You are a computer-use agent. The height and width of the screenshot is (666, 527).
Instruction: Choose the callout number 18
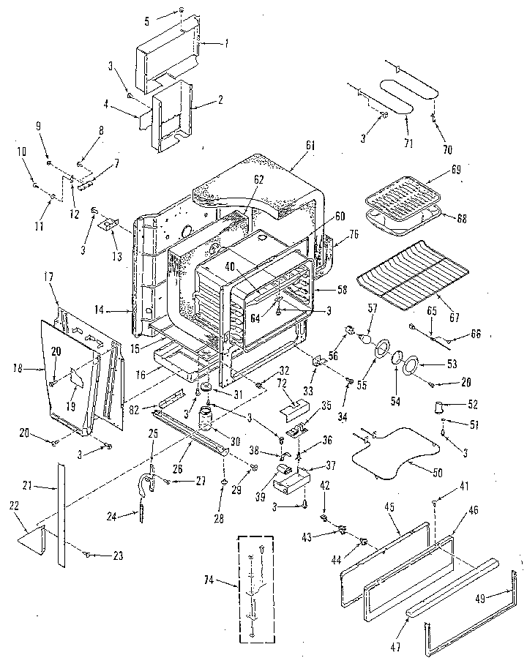point(27,370)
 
